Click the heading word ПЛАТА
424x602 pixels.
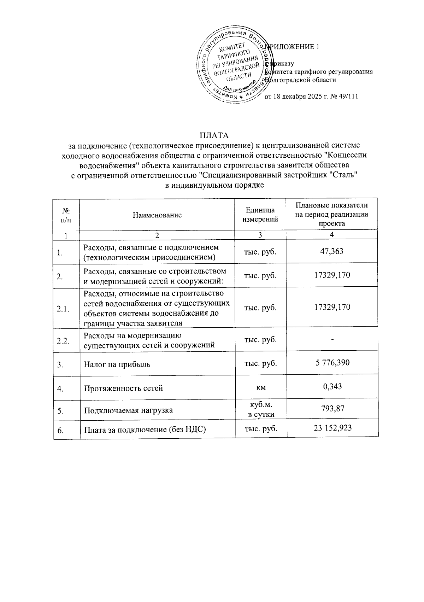click(214, 135)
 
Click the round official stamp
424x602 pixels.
click(234, 66)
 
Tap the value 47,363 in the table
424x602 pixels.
click(332, 251)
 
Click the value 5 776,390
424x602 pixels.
click(332, 363)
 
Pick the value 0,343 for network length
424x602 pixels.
click(332, 386)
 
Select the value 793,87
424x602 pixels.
click(332, 409)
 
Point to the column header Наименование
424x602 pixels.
click(157, 215)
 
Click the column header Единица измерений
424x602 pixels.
click(260, 215)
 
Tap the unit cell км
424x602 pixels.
click(261, 387)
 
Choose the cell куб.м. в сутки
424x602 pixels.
click(261, 409)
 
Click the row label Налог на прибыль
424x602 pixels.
click(117, 364)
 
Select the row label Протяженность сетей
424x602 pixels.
click(123, 388)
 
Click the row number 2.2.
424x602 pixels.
click(63, 340)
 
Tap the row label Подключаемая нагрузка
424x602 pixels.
click(128, 410)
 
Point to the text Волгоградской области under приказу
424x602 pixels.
click(301, 80)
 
